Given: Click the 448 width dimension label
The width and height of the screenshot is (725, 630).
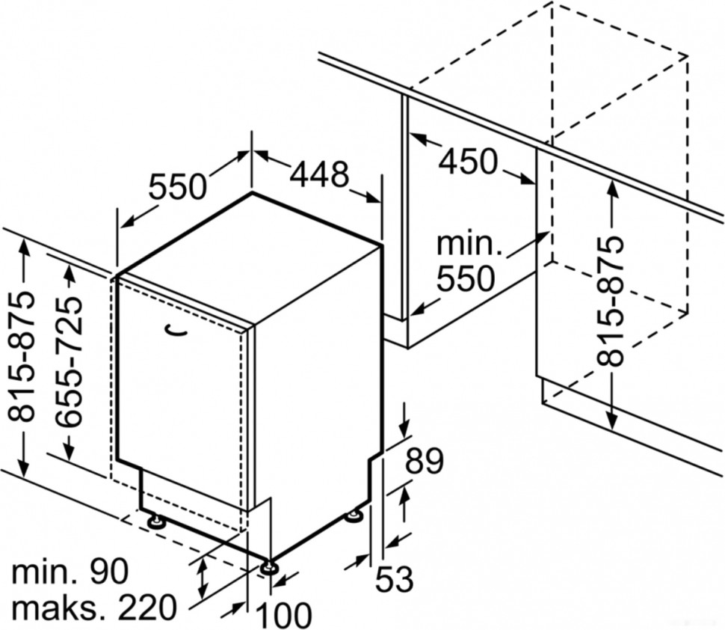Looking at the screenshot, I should click(x=320, y=174).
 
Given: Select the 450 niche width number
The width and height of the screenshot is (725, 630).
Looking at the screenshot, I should click(x=468, y=161).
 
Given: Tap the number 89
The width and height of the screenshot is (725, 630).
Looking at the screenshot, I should click(x=425, y=461).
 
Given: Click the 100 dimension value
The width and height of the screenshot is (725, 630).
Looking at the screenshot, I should click(x=284, y=615).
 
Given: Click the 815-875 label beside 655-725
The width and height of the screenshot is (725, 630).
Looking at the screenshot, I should click(x=22, y=356).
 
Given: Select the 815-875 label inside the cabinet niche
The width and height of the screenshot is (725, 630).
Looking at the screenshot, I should click(x=611, y=301).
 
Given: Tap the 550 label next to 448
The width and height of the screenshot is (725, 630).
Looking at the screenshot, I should click(x=177, y=186).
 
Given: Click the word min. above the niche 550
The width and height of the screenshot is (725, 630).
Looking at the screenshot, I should click(x=467, y=243).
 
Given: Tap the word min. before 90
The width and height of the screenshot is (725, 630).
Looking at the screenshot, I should click(x=45, y=572).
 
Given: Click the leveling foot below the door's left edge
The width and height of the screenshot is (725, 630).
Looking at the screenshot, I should click(x=156, y=522).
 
